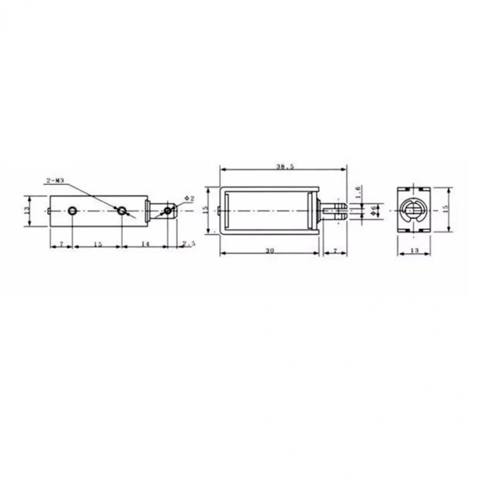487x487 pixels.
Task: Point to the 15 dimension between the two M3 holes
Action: [97, 244]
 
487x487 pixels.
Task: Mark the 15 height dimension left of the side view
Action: [206, 209]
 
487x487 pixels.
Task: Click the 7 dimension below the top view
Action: [61, 244]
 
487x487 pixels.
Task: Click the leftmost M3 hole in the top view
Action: [73, 209]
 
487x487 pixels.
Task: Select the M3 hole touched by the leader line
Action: [122, 209]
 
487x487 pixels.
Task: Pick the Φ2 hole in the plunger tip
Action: [168, 209]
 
